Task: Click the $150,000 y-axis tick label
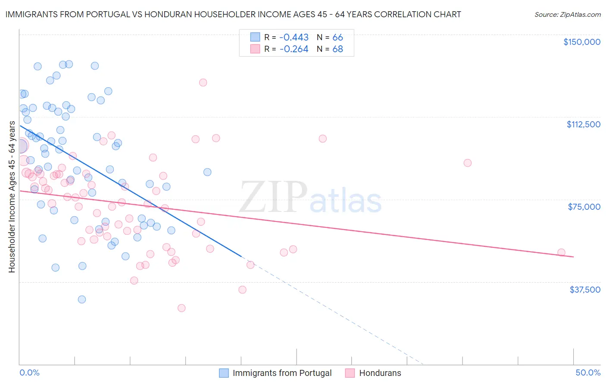pyautogui.click(x=581, y=42)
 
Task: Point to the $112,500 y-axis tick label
pyautogui.click(x=583, y=124)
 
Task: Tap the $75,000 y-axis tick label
pyautogui.click(x=584, y=207)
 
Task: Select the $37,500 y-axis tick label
pyautogui.click(x=585, y=290)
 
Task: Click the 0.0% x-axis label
pyautogui.click(x=29, y=372)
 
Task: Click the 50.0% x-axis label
pyautogui.click(x=588, y=372)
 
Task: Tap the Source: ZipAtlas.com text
pyautogui.click(x=567, y=15)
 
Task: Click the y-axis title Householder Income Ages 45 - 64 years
pyautogui.click(x=12, y=197)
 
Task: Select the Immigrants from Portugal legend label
pyautogui.click(x=282, y=373)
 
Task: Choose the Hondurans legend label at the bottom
pyautogui.click(x=380, y=373)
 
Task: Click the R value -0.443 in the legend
pyautogui.click(x=294, y=38)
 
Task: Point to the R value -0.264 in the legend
pyautogui.click(x=294, y=49)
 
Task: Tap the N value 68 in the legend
pyautogui.click(x=337, y=49)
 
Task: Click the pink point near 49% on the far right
pyautogui.click(x=561, y=252)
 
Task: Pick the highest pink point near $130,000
pyautogui.click(x=203, y=82)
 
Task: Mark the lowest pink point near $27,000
pyautogui.click(x=181, y=308)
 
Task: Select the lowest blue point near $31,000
pyautogui.click(x=82, y=300)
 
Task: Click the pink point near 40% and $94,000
pyautogui.click(x=468, y=163)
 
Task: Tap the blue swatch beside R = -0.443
pyautogui.click(x=255, y=38)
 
